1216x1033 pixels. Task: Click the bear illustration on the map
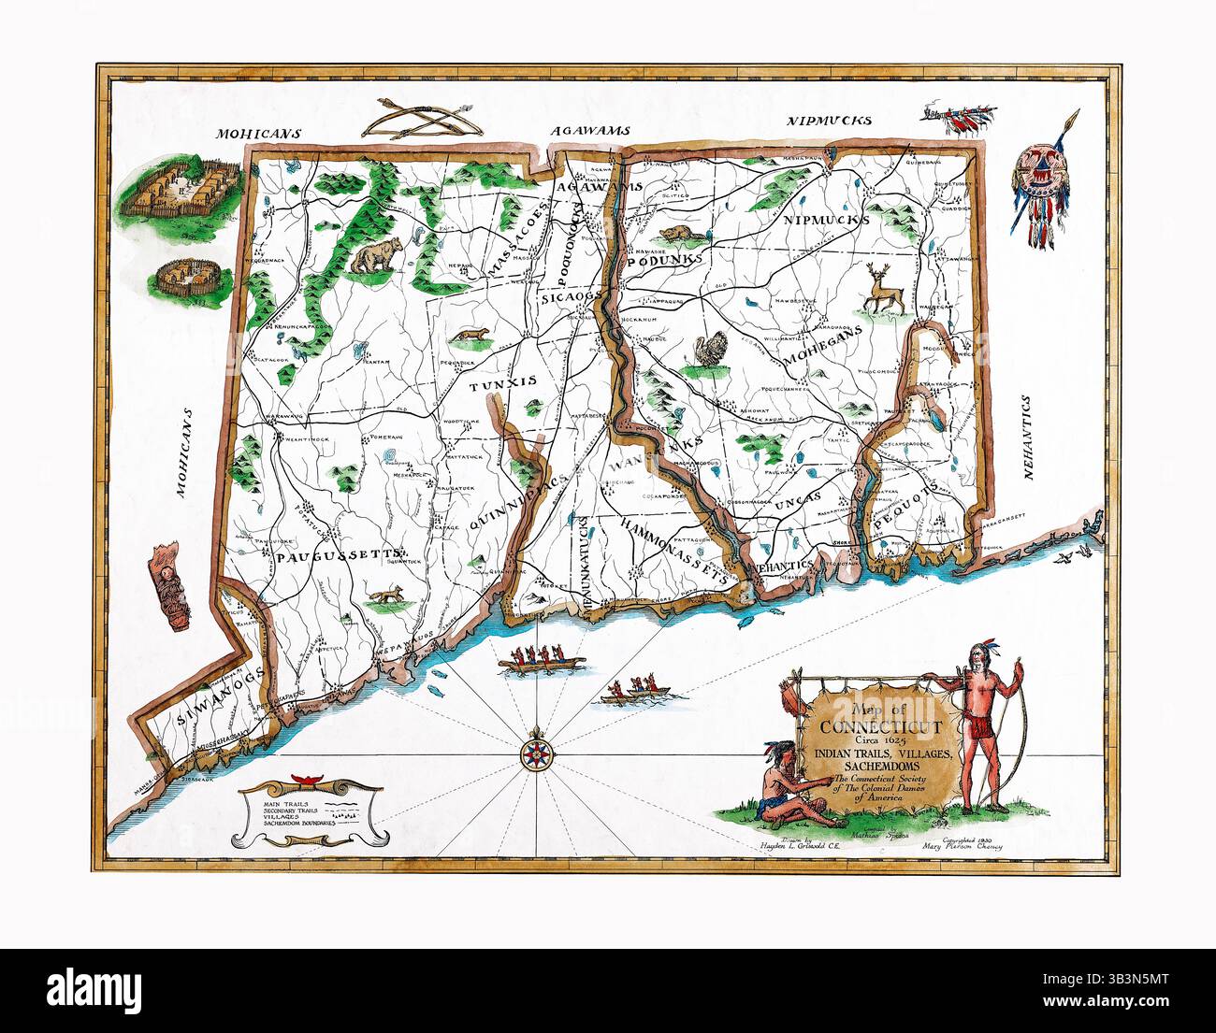click(376, 255)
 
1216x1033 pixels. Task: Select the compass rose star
click(536, 752)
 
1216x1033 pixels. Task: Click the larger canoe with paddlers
click(542, 660)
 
